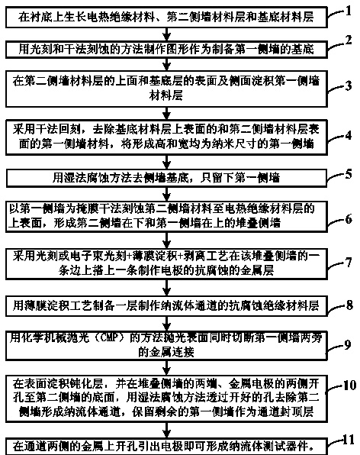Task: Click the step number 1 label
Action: [x=348, y=11]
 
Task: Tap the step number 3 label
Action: [x=349, y=86]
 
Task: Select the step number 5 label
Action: [x=349, y=174]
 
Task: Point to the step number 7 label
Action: [x=349, y=263]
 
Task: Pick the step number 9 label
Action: [x=348, y=344]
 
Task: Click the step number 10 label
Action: [x=349, y=385]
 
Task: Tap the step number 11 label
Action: [x=349, y=440]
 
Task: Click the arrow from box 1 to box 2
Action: [x=166, y=34]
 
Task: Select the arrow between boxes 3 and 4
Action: [x=166, y=113]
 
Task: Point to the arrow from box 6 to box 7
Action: [x=166, y=240]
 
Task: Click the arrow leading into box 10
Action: [x=166, y=368]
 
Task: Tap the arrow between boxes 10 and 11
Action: [x=166, y=430]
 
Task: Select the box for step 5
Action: [x=166, y=178]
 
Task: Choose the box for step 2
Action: [x=166, y=50]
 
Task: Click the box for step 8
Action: [x=166, y=306]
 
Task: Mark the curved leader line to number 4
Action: [x=336, y=138]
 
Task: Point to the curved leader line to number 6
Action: [x=336, y=221]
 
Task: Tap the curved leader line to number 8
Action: [x=336, y=308]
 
